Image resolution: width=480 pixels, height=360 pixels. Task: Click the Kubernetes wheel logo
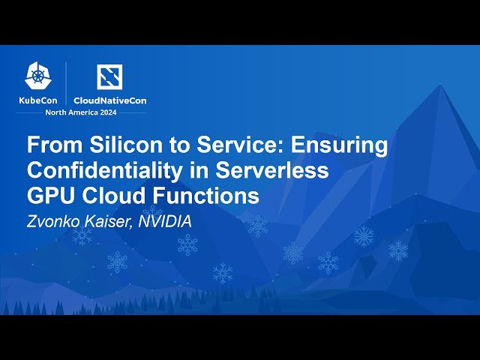(x=39, y=75)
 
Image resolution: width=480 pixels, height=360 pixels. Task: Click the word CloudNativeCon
(x=109, y=100)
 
